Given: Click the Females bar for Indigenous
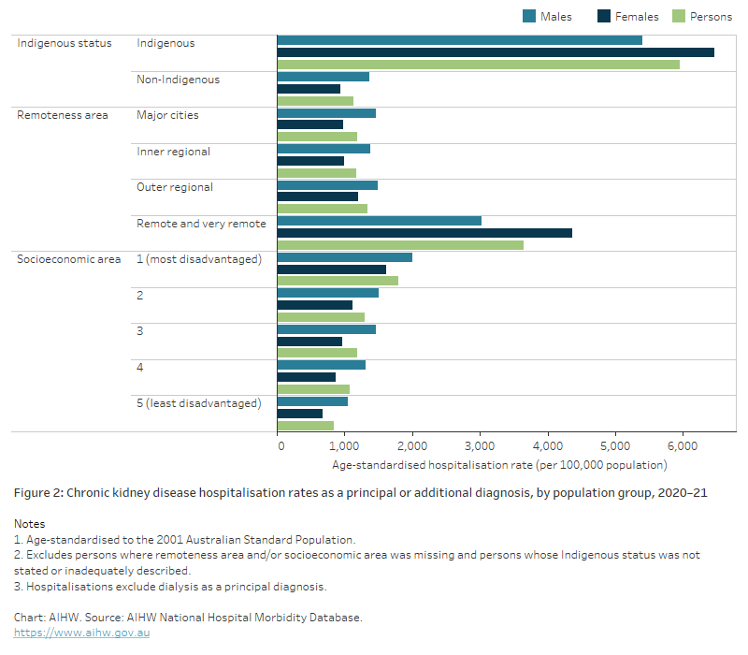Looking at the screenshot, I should pyautogui.click(x=496, y=52).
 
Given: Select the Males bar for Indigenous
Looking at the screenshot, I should pyautogui.click(x=460, y=40).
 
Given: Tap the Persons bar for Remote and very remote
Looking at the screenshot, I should pyautogui.click(x=400, y=245).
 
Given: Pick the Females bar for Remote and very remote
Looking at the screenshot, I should pyautogui.click(x=424, y=233).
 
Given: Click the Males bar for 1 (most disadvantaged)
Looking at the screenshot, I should pyautogui.click(x=345, y=257).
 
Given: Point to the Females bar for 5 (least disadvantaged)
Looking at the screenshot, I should pyautogui.click(x=300, y=414).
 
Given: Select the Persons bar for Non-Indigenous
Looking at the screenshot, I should pyautogui.click(x=315, y=101).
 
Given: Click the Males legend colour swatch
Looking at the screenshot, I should pyautogui.click(x=529, y=16).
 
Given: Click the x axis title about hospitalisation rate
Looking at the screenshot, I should pyautogui.click(x=499, y=465).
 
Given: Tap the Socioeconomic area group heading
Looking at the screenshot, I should pyautogui.click(x=68, y=259).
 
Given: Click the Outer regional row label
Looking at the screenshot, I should pyautogui.click(x=175, y=187).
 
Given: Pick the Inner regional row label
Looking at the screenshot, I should pyautogui.click(x=173, y=152).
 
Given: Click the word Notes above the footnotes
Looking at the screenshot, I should pyautogui.click(x=29, y=524).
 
